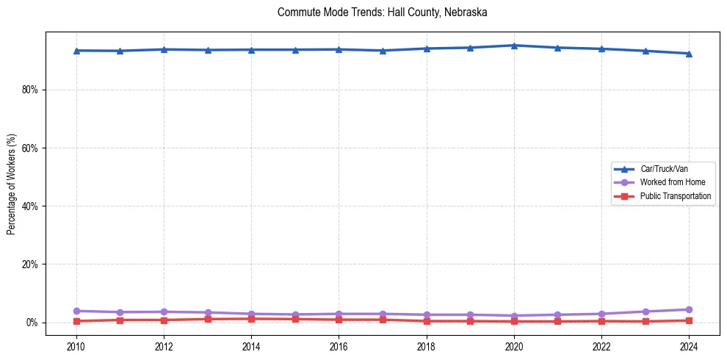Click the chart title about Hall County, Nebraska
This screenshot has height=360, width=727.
pyautogui.click(x=382, y=12)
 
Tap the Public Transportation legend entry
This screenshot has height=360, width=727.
pyautogui.click(x=676, y=196)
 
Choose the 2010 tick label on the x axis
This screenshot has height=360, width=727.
pyautogui.click(x=76, y=345)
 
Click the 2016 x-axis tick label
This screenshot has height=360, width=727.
pyautogui.click(x=339, y=345)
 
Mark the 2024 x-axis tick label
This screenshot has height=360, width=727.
pyautogui.click(x=689, y=345)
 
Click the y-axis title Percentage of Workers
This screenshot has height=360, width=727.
pyautogui.click(x=12, y=184)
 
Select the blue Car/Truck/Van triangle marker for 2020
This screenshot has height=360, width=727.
pyautogui.click(x=514, y=46)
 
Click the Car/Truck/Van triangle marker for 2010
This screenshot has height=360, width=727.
pyautogui.click(x=76, y=51)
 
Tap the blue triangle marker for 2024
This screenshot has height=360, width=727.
pyautogui.click(x=689, y=54)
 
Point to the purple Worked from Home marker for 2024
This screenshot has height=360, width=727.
pyautogui.click(x=689, y=309)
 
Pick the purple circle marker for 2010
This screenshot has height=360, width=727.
pyautogui.click(x=76, y=311)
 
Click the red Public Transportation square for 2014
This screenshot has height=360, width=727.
pyautogui.click(x=251, y=319)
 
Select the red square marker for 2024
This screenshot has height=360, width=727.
pyautogui.click(x=689, y=320)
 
